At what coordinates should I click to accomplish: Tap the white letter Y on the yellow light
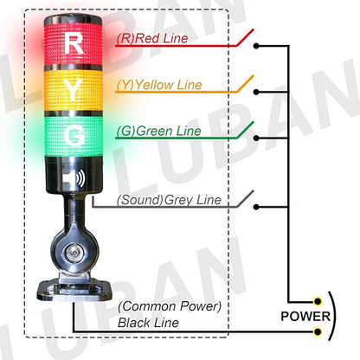click(x=76, y=89)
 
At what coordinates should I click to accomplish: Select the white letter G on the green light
click(x=76, y=136)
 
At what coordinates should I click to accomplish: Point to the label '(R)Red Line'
click(x=151, y=39)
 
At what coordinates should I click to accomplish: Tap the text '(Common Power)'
click(x=170, y=306)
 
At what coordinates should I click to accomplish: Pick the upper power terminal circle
click(x=319, y=301)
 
